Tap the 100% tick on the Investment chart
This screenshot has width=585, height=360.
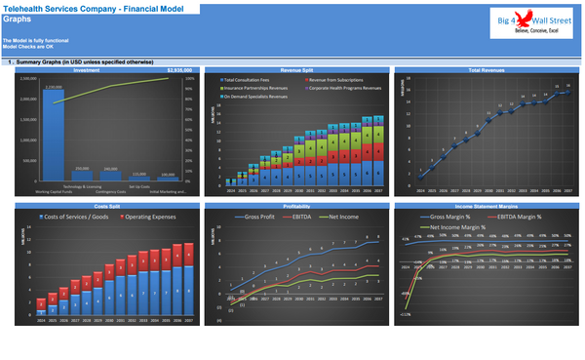pos(188,79)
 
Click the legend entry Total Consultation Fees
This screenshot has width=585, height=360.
pos(252,79)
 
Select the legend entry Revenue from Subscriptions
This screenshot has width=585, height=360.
pos(333,79)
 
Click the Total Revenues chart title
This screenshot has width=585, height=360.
pos(486,70)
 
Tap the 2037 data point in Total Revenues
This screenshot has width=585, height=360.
pos(567,87)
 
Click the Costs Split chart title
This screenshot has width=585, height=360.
pos(104,207)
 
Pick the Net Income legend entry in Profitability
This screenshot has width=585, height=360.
pos(349,217)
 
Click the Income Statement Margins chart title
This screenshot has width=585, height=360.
pos(486,207)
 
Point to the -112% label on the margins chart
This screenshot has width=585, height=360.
pos(405,315)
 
